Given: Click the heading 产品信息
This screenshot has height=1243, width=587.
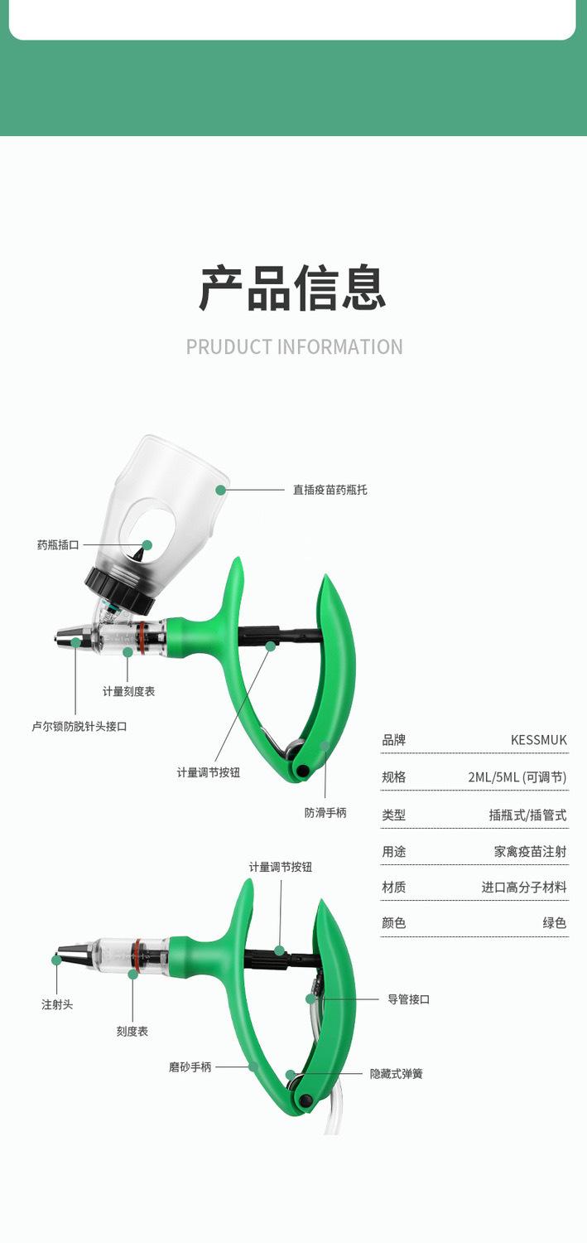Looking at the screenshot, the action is [x=293, y=288].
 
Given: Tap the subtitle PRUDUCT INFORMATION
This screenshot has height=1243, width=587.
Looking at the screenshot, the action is [x=294, y=346].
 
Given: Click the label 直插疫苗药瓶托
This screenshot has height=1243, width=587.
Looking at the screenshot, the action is [x=330, y=490].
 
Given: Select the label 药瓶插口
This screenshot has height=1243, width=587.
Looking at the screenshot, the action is [x=58, y=545].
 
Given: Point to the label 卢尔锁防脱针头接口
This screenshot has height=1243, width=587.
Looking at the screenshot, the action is [x=79, y=726].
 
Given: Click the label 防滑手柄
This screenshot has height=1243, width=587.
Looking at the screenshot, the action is [x=325, y=812].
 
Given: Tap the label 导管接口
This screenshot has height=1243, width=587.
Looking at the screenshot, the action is [x=409, y=999].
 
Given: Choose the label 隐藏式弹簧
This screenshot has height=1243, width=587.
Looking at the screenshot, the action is [x=396, y=1074].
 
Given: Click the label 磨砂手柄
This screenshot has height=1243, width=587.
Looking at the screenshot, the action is [x=190, y=1067].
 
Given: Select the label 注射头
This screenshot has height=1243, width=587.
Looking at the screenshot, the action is [x=57, y=1004].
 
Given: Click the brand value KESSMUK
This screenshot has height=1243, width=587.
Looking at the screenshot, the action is [x=539, y=740].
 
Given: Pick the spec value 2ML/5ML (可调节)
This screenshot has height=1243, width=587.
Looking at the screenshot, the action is [x=517, y=777].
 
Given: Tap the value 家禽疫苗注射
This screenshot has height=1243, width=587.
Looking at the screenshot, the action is [x=530, y=851].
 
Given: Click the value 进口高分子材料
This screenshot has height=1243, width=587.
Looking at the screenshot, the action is [x=524, y=887].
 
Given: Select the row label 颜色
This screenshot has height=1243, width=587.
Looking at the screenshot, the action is [x=394, y=922].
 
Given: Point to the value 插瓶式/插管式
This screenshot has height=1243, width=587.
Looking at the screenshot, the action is [x=527, y=815].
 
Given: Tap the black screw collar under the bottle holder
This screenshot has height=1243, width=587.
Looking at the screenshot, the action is [x=119, y=589].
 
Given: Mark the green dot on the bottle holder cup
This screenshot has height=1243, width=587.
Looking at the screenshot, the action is [x=220, y=490].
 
